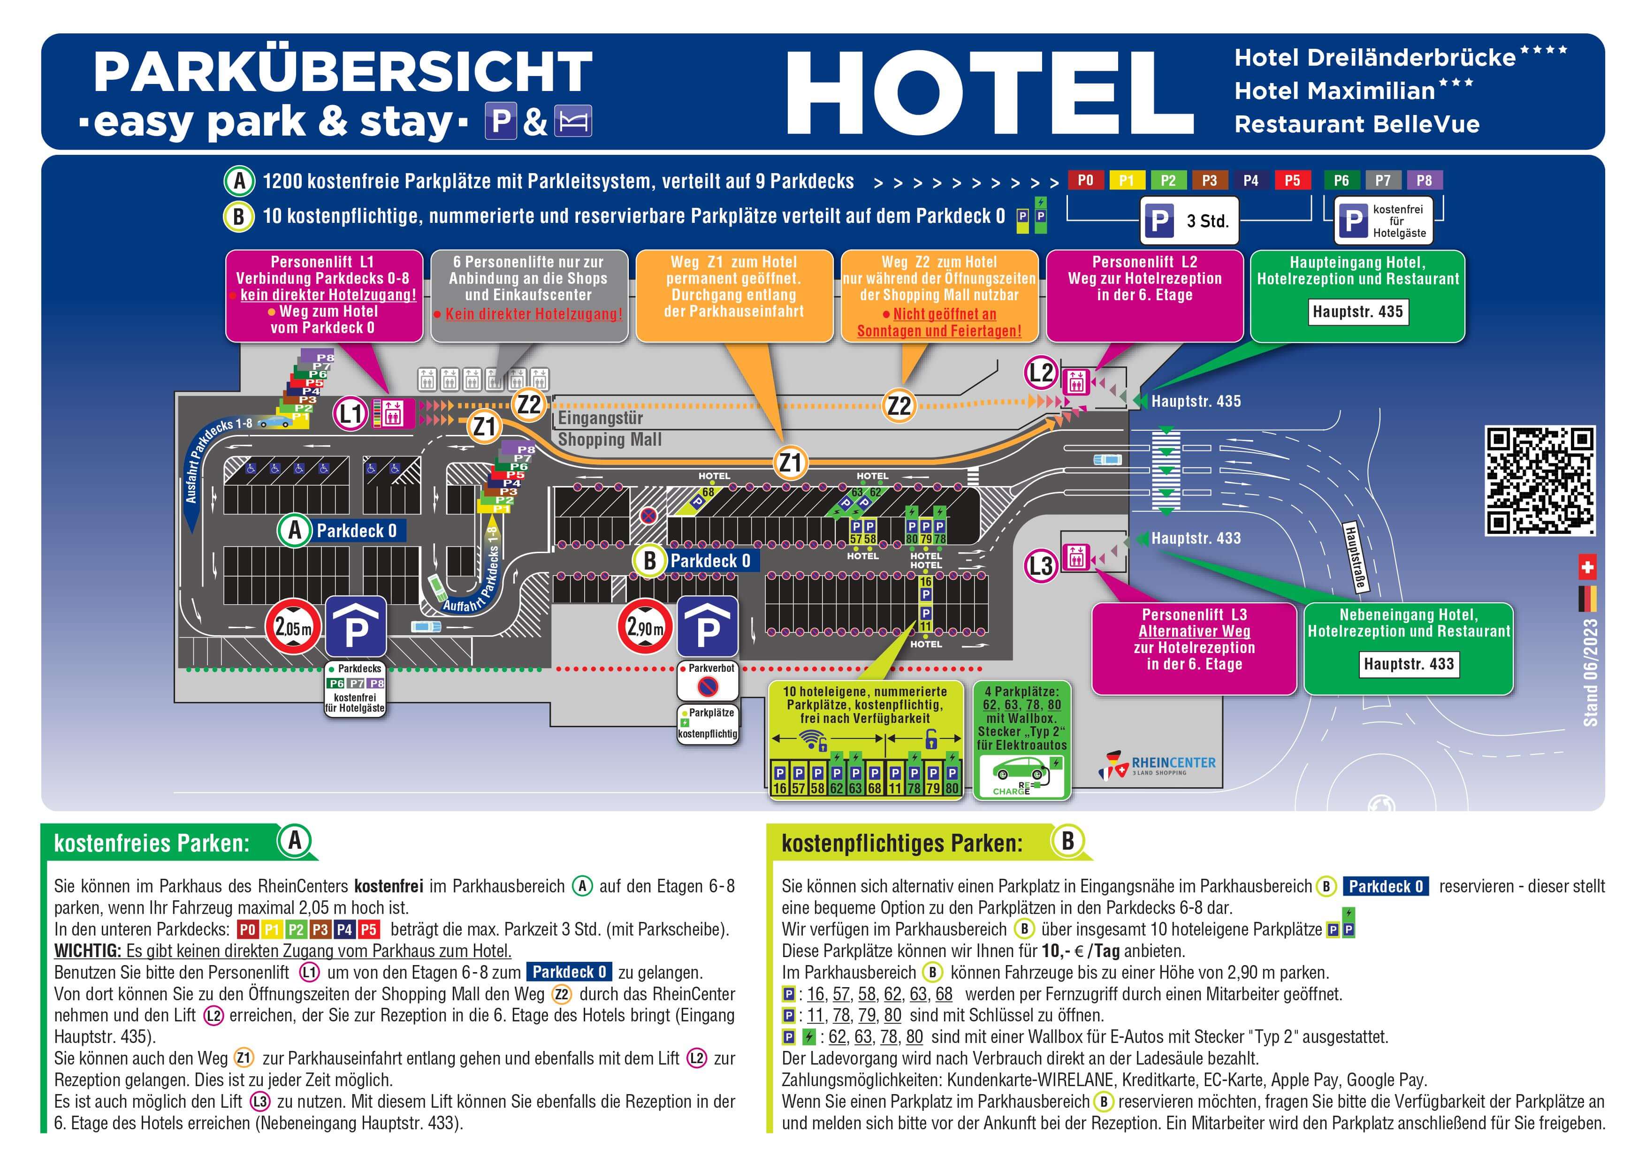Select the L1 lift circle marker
click(x=351, y=413)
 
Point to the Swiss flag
click(x=1587, y=568)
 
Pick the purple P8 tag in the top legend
click(x=1425, y=180)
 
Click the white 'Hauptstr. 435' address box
click(x=1358, y=312)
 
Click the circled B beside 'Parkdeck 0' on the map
click(x=649, y=561)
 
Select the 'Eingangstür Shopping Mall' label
click(x=610, y=429)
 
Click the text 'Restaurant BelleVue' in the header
click(x=1357, y=125)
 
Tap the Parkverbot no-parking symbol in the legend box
click(x=708, y=687)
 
